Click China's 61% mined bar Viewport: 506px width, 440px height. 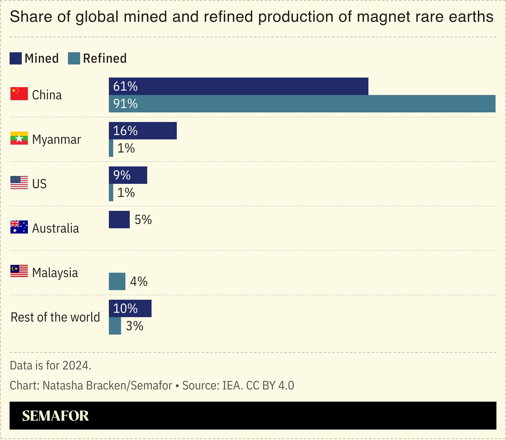click(x=238, y=86)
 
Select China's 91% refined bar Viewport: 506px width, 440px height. click(x=302, y=104)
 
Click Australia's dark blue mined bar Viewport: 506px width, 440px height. click(x=119, y=220)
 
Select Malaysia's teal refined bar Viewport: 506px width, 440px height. click(x=117, y=281)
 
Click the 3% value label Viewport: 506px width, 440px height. click(x=134, y=326)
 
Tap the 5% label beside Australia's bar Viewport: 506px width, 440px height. click(x=143, y=220)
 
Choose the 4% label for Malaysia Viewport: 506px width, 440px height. click(x=139, y=281)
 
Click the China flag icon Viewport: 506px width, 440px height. click(x=19, y=94)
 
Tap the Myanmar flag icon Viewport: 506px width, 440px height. click(x=19, y=138)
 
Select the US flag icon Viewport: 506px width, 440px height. click(x=19, y=183)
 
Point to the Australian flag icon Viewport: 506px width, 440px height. click(x=19, y=227)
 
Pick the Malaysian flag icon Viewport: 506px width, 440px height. click(x=19, y=271)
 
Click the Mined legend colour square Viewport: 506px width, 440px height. click(x=16, y=58)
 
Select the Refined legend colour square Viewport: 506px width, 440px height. click(x=74, y=58)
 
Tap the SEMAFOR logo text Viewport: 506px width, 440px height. click(x=55, y=416)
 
